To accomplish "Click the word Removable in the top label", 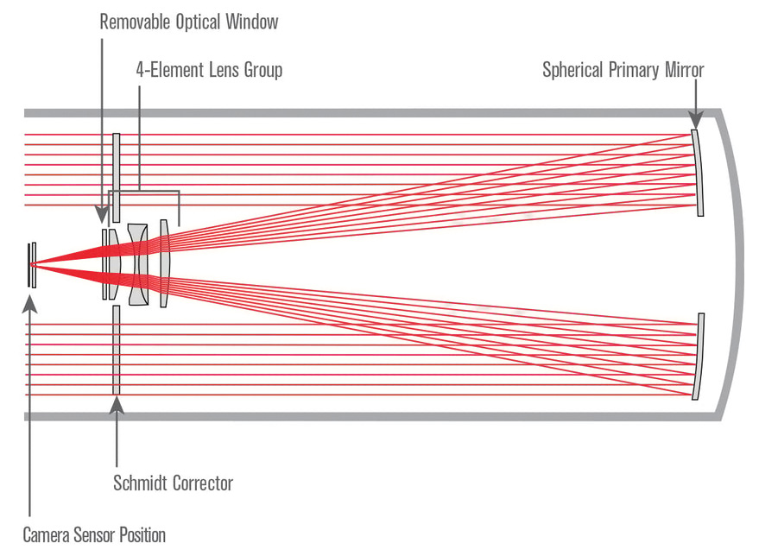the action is pos(135,22).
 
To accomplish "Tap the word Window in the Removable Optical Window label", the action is pos(252,22).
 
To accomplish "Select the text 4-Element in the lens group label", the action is pos(170,70).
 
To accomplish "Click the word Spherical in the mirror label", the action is pos(573,70).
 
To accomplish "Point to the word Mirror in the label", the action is pos(685,70).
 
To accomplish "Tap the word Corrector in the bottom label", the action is pos(203,483).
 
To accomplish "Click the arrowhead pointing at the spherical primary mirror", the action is pos(696,119).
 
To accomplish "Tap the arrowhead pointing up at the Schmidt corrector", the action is pos(117,406).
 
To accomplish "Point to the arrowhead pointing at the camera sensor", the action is pos(29,303).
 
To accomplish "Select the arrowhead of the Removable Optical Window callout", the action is pos(102,214).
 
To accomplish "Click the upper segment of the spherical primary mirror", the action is pos(698,173).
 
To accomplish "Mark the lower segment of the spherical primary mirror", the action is pos(698,357).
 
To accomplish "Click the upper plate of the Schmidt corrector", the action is pos(117,178).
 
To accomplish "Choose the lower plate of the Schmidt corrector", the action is pos(117,350).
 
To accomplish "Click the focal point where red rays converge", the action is pos(32,265).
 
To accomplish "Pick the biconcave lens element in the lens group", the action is pos(137,264).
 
